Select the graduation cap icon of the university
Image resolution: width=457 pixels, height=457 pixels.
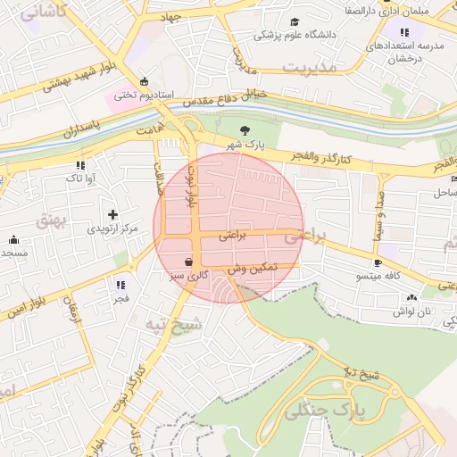pos(295,21)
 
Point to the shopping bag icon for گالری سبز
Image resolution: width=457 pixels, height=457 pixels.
pos(188,262)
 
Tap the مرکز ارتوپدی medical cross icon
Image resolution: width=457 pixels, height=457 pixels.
pos(112,214)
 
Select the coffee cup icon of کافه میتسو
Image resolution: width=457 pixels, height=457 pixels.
pos(378,262)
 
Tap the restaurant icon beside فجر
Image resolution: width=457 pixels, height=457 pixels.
pos(120,285)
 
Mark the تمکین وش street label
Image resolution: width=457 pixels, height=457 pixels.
pos(253,268)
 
